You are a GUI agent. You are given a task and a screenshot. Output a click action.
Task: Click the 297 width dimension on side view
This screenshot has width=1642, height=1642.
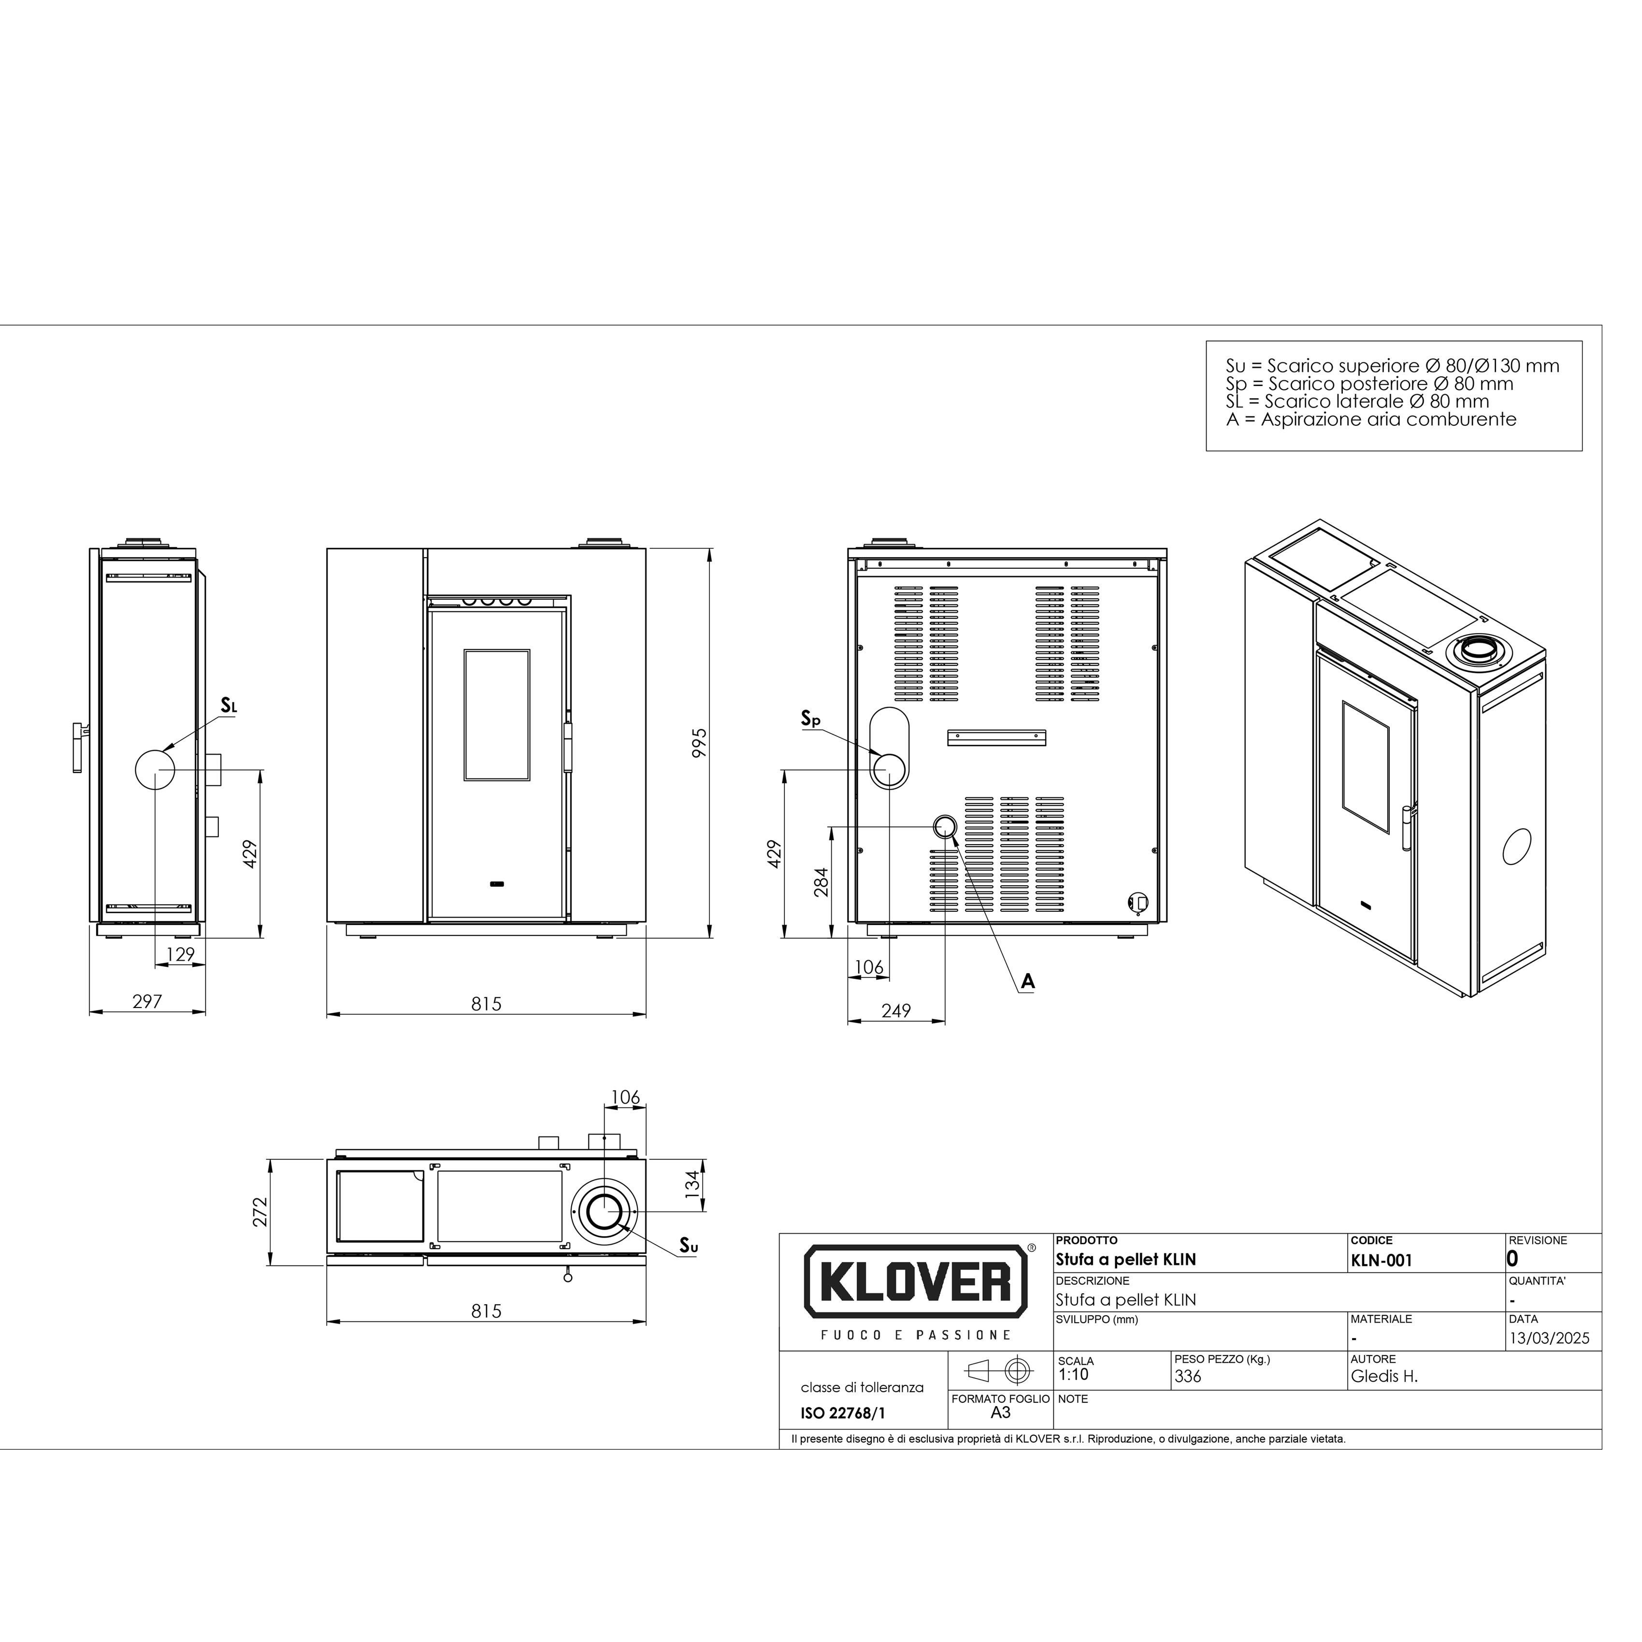click(x=147, y=1001)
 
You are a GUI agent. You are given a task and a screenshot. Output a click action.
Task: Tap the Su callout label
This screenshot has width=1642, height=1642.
click(x=689, y=1246)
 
